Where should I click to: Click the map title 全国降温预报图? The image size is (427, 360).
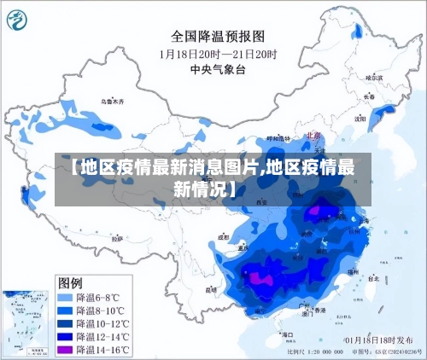218,37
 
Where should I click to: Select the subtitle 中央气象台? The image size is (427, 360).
218,70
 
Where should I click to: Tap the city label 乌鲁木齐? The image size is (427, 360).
112,102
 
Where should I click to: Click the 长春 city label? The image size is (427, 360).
369,96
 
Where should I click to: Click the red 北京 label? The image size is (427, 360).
312,135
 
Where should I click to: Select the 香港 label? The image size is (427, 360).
319,311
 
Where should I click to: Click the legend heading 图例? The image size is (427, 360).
70,282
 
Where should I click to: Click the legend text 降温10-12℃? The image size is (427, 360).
103,324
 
